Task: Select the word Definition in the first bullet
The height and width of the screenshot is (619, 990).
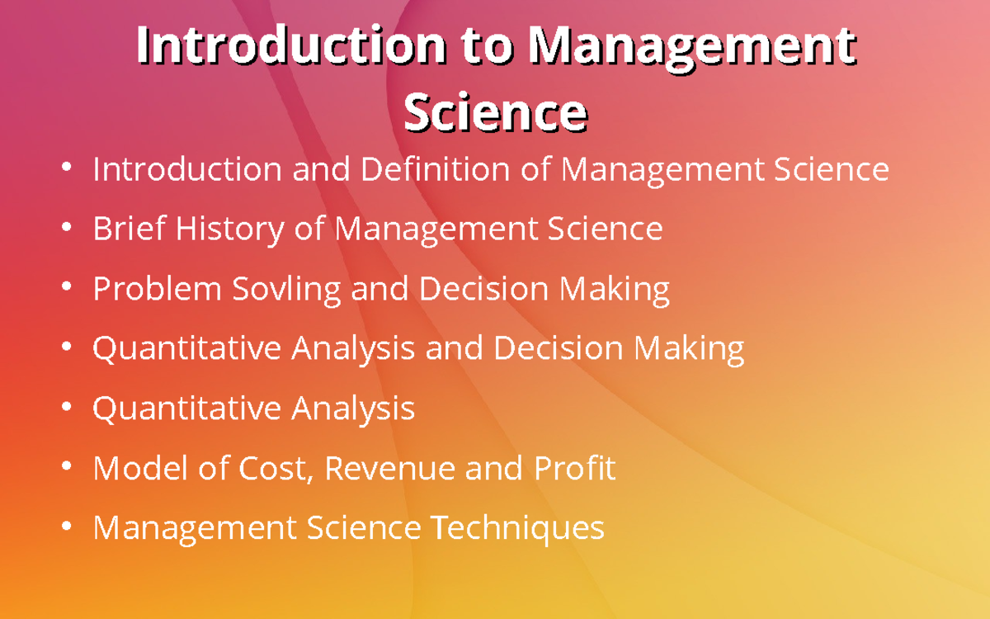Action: (436, 169)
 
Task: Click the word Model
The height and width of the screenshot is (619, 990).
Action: (137, 468)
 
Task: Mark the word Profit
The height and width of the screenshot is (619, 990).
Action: (574, 468)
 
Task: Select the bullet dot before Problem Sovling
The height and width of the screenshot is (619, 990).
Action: (66, 288)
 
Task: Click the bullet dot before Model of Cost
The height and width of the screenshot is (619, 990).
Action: (66, 467)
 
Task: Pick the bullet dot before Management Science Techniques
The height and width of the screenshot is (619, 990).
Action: (66, 527)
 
